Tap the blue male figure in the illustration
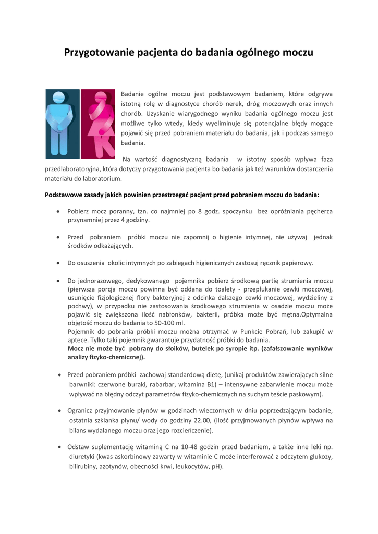point(62,124)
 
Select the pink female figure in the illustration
point(97,124)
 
